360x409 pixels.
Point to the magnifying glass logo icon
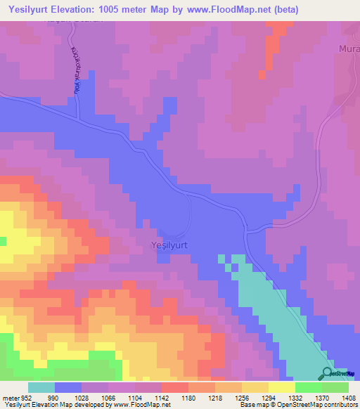click(328, 373)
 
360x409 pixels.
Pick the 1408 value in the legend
click(349, 397)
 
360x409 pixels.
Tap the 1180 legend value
click(188, 397)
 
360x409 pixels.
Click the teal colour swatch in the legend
click(41, 387)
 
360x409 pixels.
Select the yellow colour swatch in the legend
click(281, 387)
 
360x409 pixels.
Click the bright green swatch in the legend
click(308, 387)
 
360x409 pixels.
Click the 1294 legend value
click(268, 397)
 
